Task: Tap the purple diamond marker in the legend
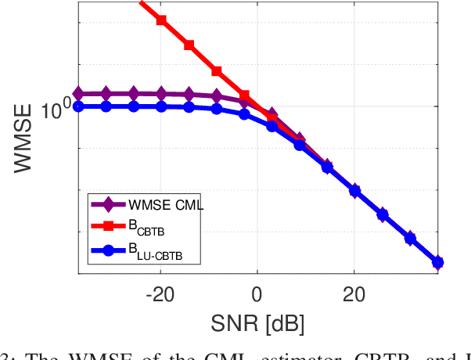tap(110, 206)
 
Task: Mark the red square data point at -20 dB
tap(161, 20)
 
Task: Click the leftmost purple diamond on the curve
tap(78, 93)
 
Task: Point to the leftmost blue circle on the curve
tap(78, 106)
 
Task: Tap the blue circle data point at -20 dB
tap(161, 106)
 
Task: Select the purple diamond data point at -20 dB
tap(161, 94)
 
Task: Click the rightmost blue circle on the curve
tap(437, 262)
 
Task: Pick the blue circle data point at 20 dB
tap(354, 190)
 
